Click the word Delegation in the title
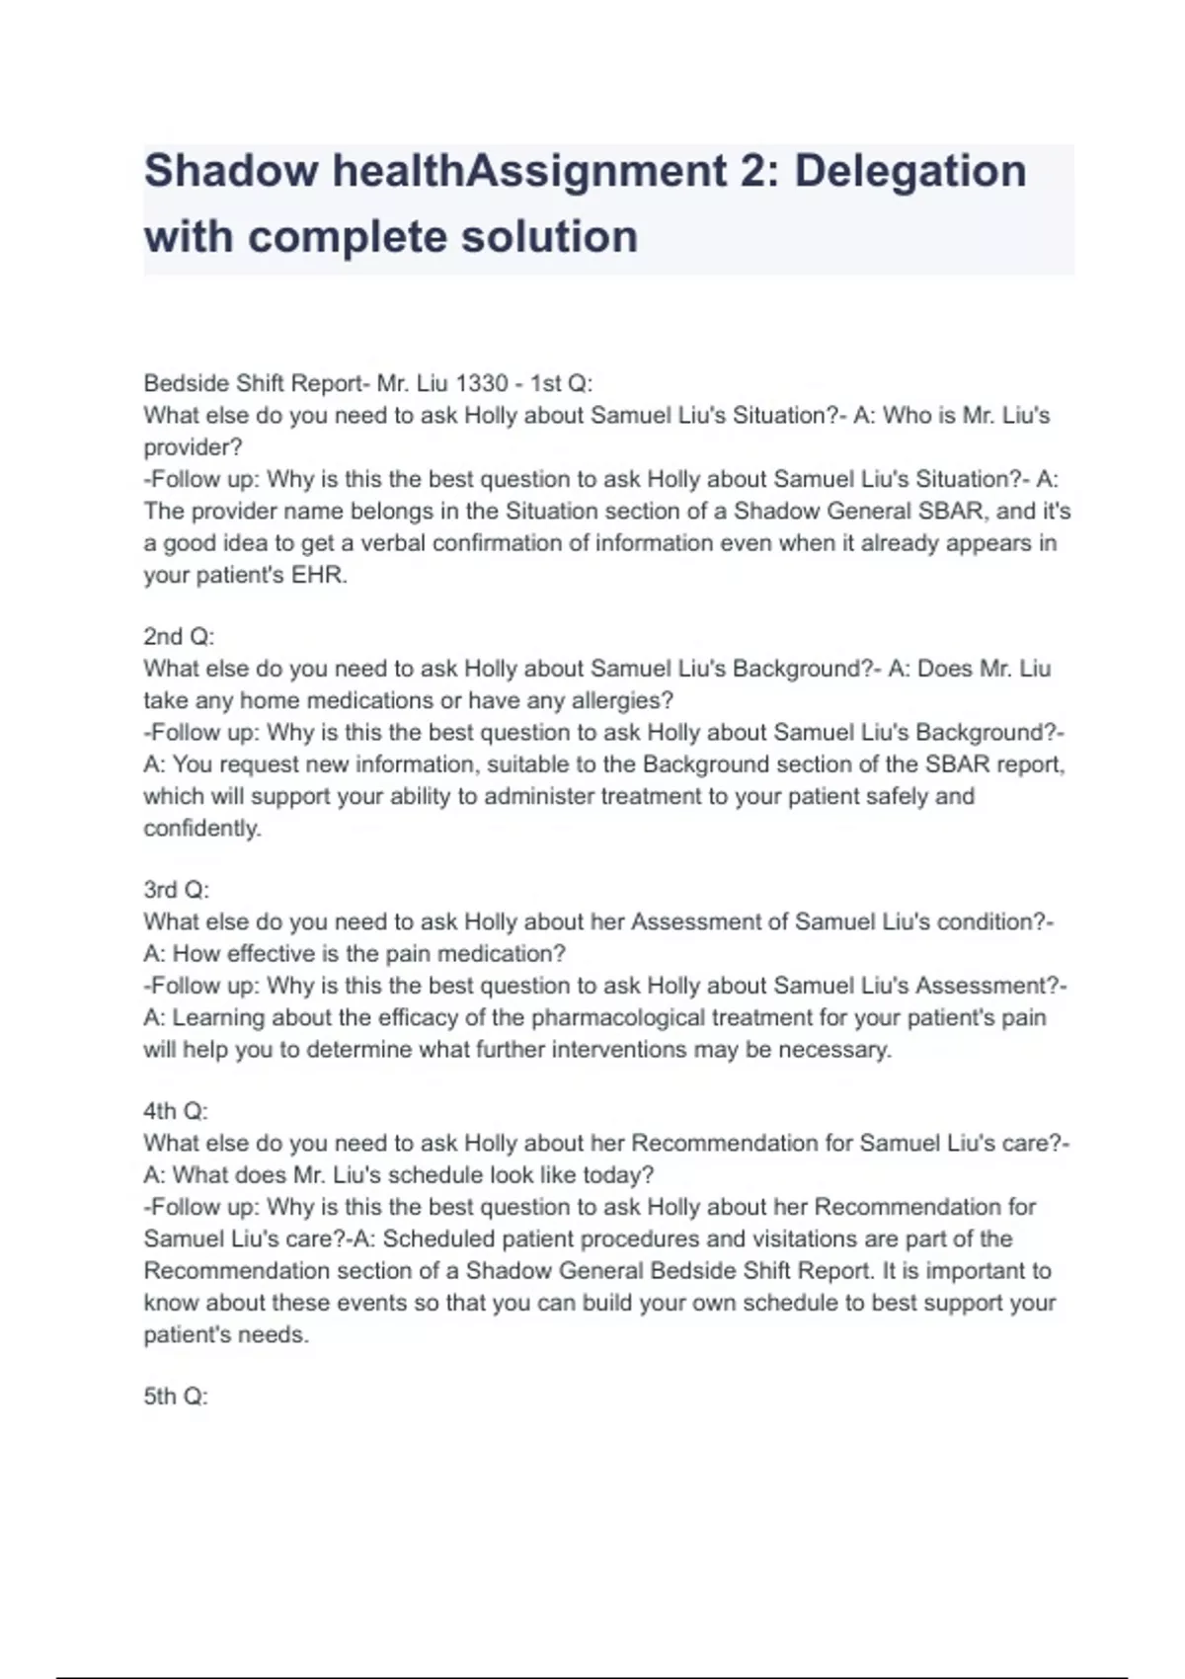(909, 171)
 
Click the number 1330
(481, 383)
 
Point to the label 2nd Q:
(179, 637)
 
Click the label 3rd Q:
(177, 890)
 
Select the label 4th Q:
(176, 1111)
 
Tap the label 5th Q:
(176, 1397)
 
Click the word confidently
(202, 828)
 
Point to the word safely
(899, 796)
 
